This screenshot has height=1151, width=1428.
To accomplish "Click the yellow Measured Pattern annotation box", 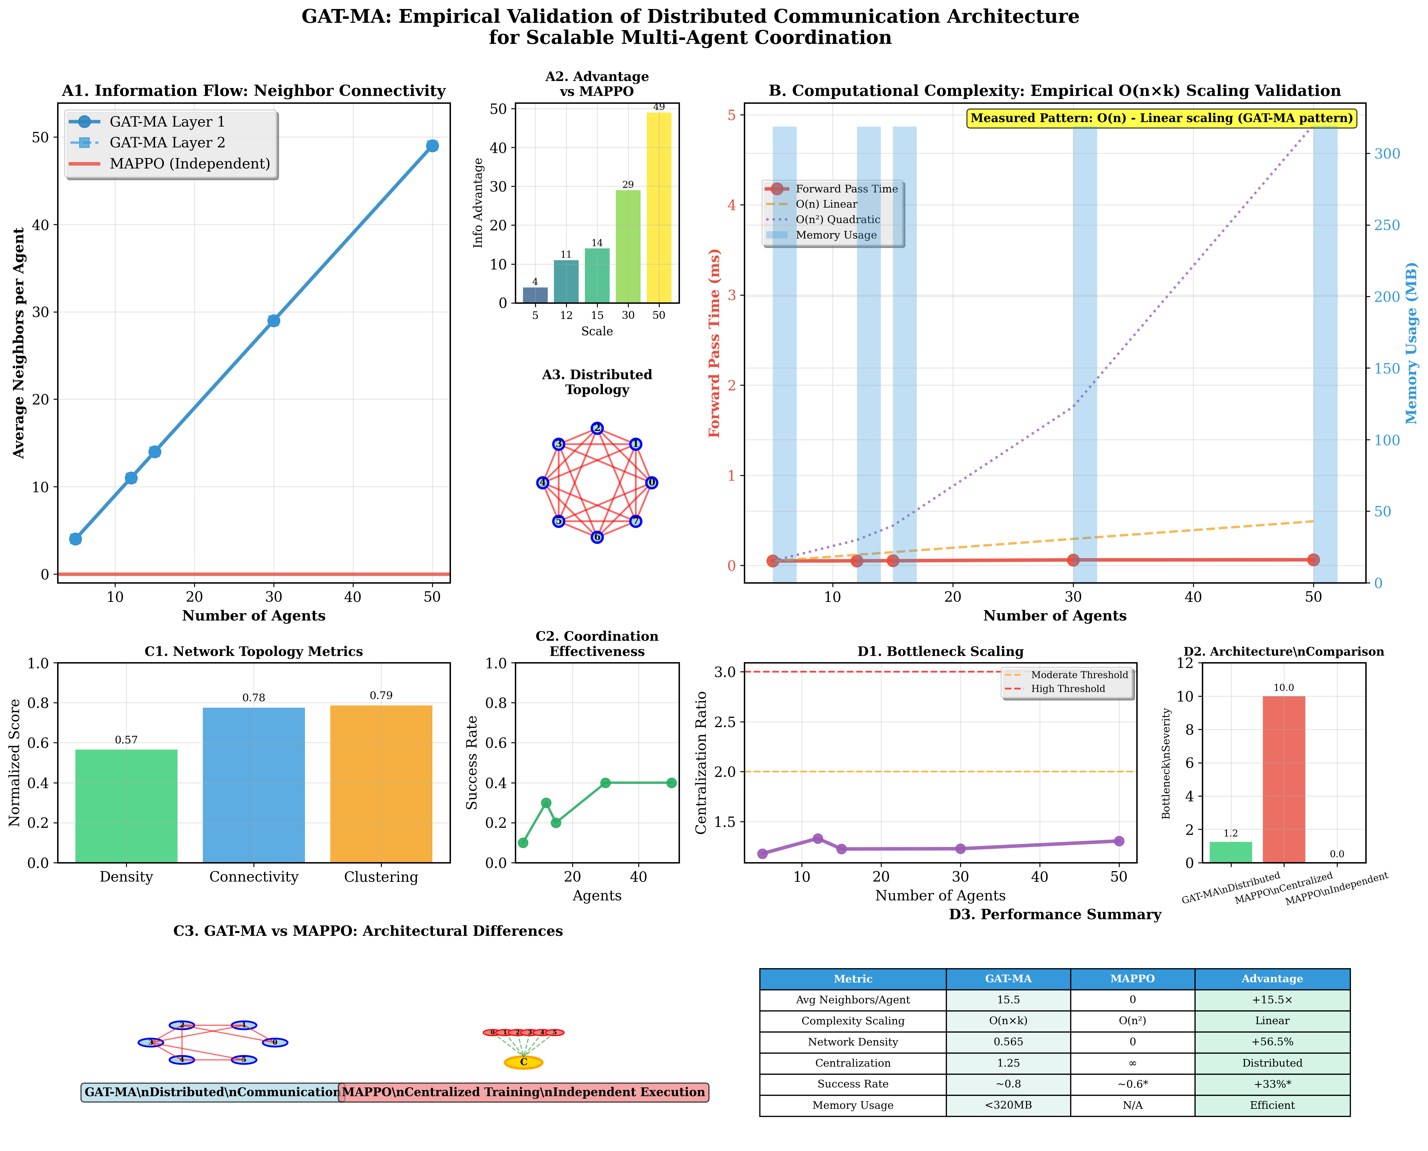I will tap(1161, 118).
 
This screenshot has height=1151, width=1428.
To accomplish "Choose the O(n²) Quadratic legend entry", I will tap(838, 219).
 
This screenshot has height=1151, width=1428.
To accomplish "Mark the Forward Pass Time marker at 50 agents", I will tap(1313, 559).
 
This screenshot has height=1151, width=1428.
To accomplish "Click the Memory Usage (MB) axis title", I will tap(1411, 343).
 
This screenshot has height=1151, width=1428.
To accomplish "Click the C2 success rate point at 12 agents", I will tap(545, 803).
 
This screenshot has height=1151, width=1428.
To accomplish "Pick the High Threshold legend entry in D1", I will tap(1067, 689).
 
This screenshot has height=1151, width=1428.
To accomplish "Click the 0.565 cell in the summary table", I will tap(1008, 1042).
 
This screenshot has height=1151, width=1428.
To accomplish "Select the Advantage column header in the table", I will tap(1272, 979).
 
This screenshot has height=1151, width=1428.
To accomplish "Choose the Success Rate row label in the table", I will tap(853, 1084).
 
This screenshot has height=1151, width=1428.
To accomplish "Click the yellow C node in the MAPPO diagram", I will tap(523, 1062).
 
